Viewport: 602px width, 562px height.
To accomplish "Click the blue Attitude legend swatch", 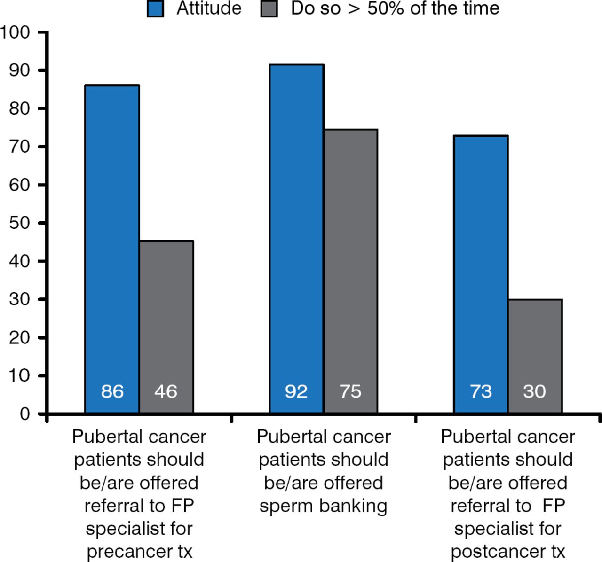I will click(155, 9).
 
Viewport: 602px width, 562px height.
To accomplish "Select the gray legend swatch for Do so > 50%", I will click(269, 9).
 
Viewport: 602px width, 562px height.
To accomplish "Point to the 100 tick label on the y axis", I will click(15, 32).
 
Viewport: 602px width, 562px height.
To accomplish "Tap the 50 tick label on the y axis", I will click(20, 223).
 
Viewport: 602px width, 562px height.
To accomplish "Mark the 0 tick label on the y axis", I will click(25, 414).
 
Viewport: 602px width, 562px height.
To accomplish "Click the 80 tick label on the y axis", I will click(20, 109).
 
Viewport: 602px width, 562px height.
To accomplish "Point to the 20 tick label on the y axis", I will click(20, 337).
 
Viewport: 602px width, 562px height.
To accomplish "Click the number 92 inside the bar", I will click(296, 391).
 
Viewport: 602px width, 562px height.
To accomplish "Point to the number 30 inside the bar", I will click(535, 391).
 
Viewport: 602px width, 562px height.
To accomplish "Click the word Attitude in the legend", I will click(209, 8).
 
